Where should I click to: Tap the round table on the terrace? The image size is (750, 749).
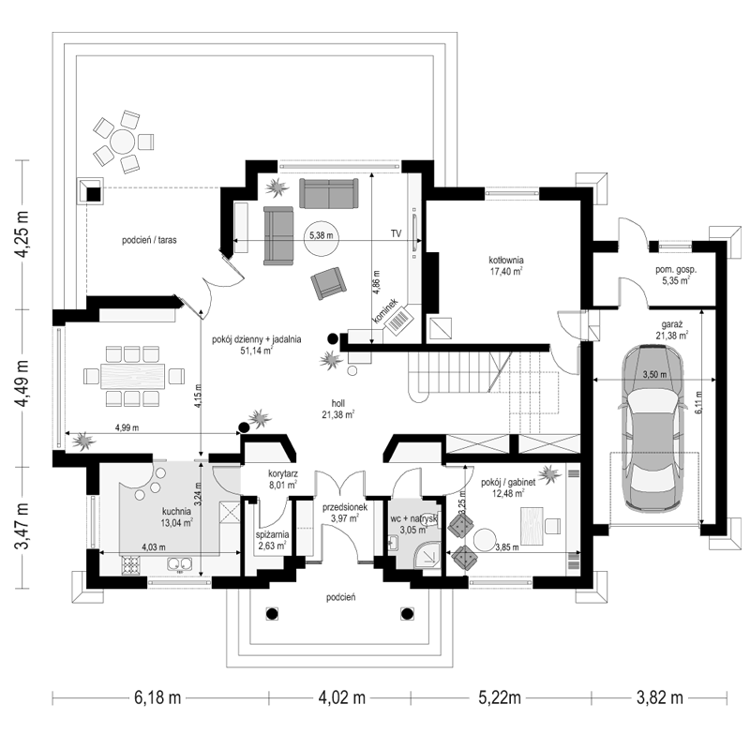click(x=124, y=142)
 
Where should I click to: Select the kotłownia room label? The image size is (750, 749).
click(x=506, y=261)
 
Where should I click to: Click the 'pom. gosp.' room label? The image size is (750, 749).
click(x=675, y=270)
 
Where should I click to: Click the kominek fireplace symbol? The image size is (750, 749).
click(x=399, y=320)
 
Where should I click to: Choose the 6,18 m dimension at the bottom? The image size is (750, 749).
click(x=157, y=697)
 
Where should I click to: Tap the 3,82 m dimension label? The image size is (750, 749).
click(x=659, y=697)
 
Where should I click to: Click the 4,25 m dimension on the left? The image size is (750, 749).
click(x=22, y=234)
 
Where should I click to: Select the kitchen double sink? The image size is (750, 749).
click(x=179, y=564)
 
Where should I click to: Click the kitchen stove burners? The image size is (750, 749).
click(x=131, y=565)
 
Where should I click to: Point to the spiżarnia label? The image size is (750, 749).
click(x=272, y=534)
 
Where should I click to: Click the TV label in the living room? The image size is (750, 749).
click(x=396, y=233)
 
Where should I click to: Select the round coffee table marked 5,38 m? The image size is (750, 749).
click(x=321, y=236)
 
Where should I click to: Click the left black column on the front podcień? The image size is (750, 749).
click(x=272, y=614)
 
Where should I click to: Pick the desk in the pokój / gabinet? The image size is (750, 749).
click(x=531, y=525)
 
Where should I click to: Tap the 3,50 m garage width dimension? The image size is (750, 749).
click(x=654, y=375)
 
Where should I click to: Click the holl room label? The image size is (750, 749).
click(x=337, y=403)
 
